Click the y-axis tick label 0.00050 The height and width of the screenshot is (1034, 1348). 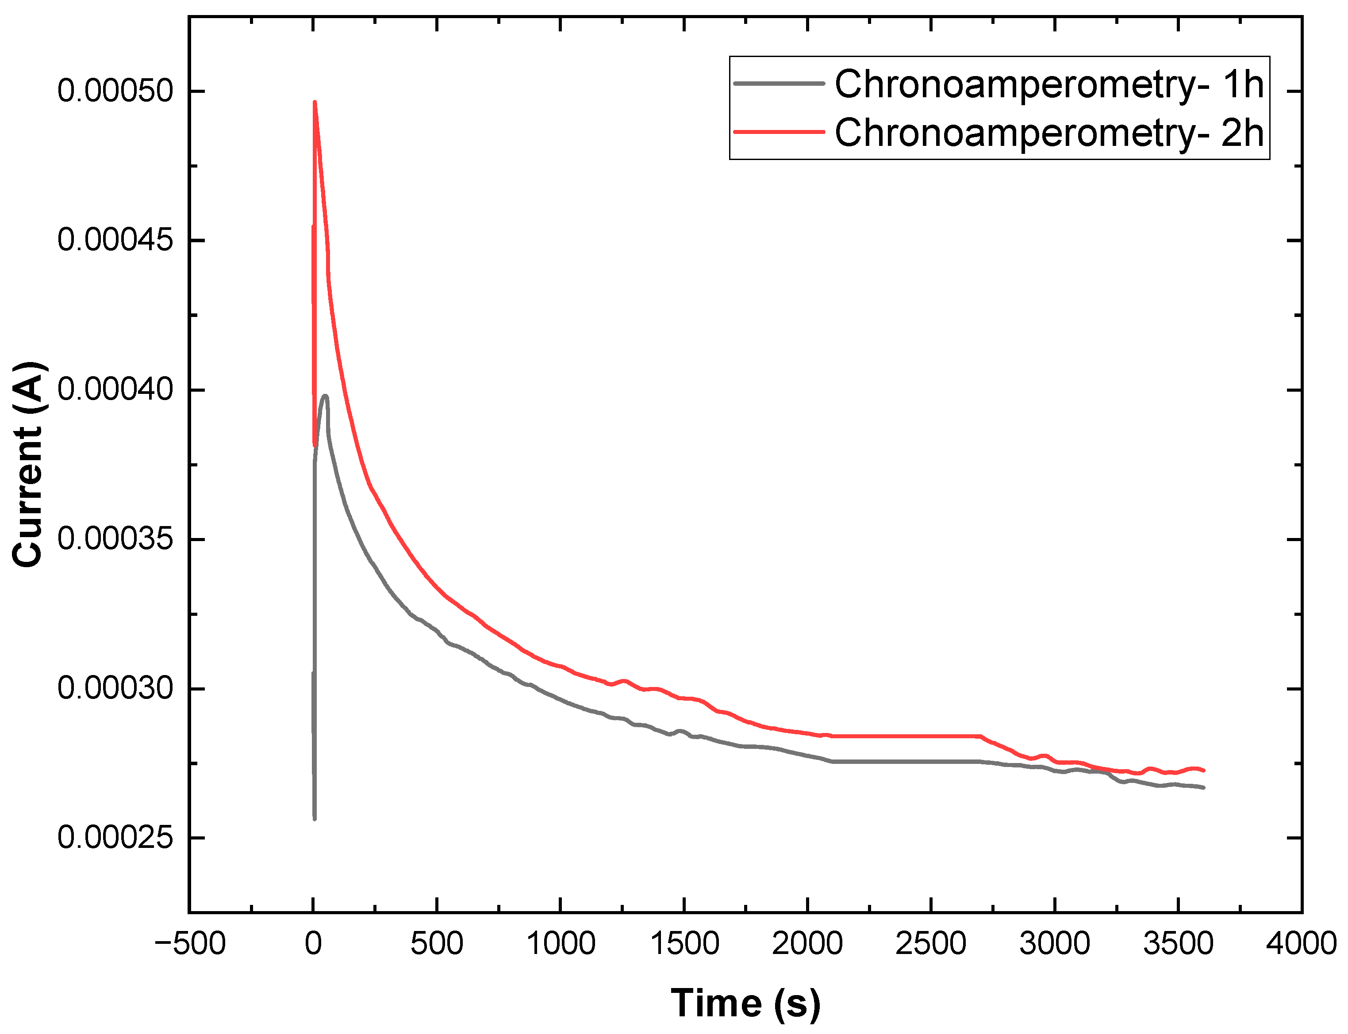(115, 91)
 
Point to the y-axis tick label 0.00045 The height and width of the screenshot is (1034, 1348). (115, 240)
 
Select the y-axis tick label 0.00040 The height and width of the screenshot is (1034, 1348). (115, 389)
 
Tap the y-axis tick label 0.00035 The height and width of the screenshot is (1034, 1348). (115, 539)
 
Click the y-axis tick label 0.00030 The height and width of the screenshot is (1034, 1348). (115, 688)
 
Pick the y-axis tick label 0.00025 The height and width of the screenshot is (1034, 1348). (115, 838)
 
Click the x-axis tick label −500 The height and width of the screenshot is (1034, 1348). (190, 943)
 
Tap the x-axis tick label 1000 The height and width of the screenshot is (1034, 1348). (561, 943)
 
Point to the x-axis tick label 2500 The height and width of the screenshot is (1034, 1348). (930, 943)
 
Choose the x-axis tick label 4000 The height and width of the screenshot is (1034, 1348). (1301, 943)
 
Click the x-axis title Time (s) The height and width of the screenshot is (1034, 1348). (745, 1003)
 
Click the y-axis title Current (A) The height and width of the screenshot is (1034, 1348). (28, 464)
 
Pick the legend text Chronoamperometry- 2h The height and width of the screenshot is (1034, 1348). (1049, 132)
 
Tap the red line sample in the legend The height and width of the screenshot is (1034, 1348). (779, 132)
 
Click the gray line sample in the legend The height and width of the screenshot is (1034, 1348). (779, 83)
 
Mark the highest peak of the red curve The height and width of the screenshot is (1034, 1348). (315, 103)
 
